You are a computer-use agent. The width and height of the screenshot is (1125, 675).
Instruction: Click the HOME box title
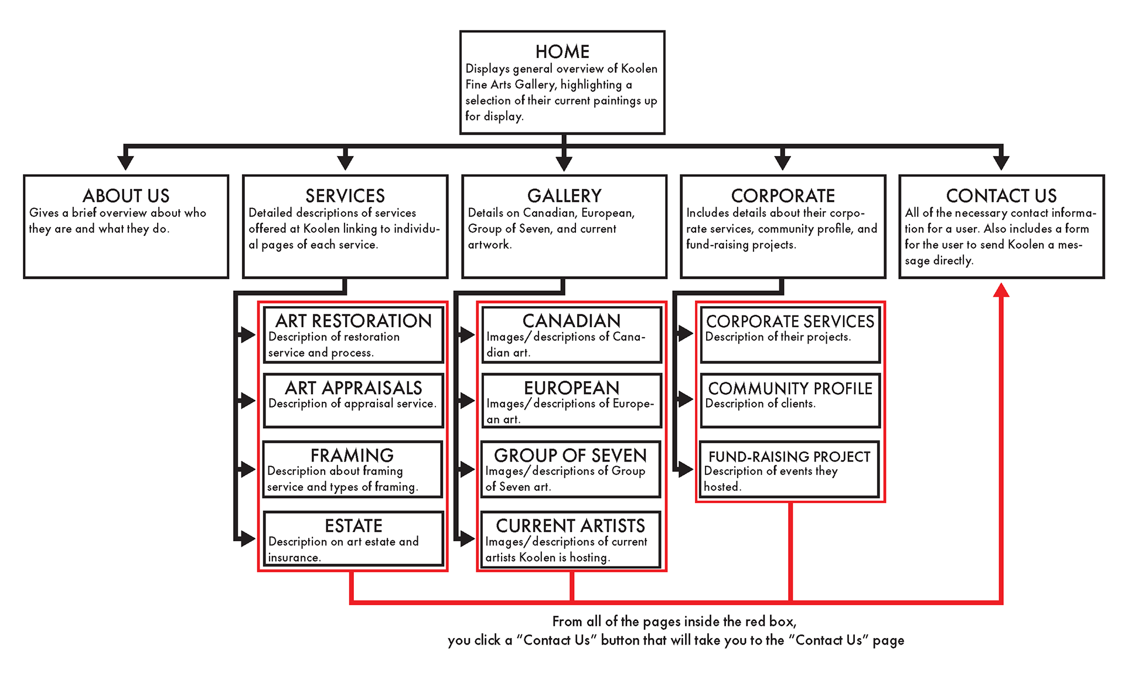point(562,52)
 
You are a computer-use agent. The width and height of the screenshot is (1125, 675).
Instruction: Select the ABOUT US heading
point(126,195)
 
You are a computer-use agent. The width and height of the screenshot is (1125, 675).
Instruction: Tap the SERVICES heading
point(345,195)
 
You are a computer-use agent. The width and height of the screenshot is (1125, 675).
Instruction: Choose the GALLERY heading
point(564,195)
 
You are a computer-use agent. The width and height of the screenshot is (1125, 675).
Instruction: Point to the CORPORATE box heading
point(783,195)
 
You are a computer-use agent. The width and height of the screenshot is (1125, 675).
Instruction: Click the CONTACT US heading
point(1001,195)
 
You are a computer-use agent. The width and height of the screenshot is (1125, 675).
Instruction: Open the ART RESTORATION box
point(353,335)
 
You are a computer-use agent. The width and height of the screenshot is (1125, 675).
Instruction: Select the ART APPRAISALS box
point(353,401)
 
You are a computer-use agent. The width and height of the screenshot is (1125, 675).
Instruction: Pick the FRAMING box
point(352,469)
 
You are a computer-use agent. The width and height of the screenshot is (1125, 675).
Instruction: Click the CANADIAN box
point(571,335)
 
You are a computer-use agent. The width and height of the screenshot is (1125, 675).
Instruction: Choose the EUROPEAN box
point(571,401)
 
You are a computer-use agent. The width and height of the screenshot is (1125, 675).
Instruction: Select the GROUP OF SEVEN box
point(570,469)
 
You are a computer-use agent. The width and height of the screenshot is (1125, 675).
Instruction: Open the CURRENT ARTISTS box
point(570,539)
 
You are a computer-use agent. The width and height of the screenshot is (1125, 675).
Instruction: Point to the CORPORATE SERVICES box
point(790,335)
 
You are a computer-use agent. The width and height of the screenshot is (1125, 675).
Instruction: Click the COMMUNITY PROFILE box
point(790,401)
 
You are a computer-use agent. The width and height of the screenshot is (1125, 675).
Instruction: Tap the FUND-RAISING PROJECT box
point(789,469)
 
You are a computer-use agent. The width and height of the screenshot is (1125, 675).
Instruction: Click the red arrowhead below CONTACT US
point(1001,290)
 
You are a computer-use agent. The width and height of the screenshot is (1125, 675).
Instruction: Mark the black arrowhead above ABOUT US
point(125,162)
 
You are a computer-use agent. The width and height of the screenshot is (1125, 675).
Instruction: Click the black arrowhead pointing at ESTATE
point(248,538)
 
